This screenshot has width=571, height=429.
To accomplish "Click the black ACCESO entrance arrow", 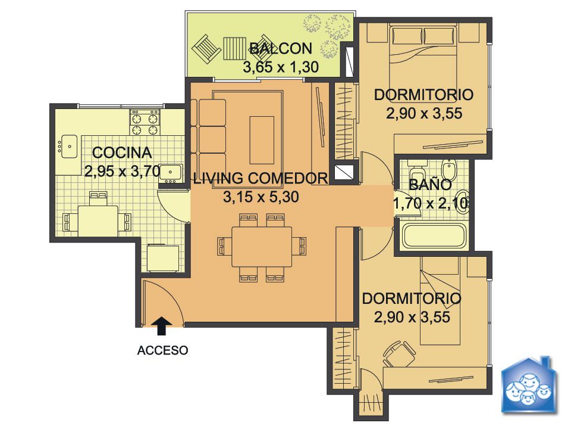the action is (162, 325).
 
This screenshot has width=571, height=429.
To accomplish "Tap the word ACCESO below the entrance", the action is (163, 350).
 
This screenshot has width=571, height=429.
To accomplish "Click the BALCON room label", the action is (281, 48).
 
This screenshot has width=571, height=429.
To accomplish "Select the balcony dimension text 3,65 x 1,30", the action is (281, 67).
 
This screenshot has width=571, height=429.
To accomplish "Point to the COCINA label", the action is (122, 153).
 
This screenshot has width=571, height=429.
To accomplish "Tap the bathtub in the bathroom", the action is (434, 237).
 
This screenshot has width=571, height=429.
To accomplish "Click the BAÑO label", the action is (430, 185).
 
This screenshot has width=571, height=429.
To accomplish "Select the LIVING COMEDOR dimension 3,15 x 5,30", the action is (261, 197).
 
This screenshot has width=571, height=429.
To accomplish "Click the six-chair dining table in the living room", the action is (262, 247).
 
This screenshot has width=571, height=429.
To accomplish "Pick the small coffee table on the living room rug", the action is (262, 141).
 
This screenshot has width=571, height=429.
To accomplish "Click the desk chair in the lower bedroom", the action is (400, 354).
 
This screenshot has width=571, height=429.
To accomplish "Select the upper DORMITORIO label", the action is (424, 95).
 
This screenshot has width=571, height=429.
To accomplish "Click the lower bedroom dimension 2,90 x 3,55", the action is (412, 317).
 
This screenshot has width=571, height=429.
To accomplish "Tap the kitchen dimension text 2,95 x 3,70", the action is (123, 171).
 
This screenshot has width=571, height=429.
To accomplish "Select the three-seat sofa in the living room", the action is (208, 139).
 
